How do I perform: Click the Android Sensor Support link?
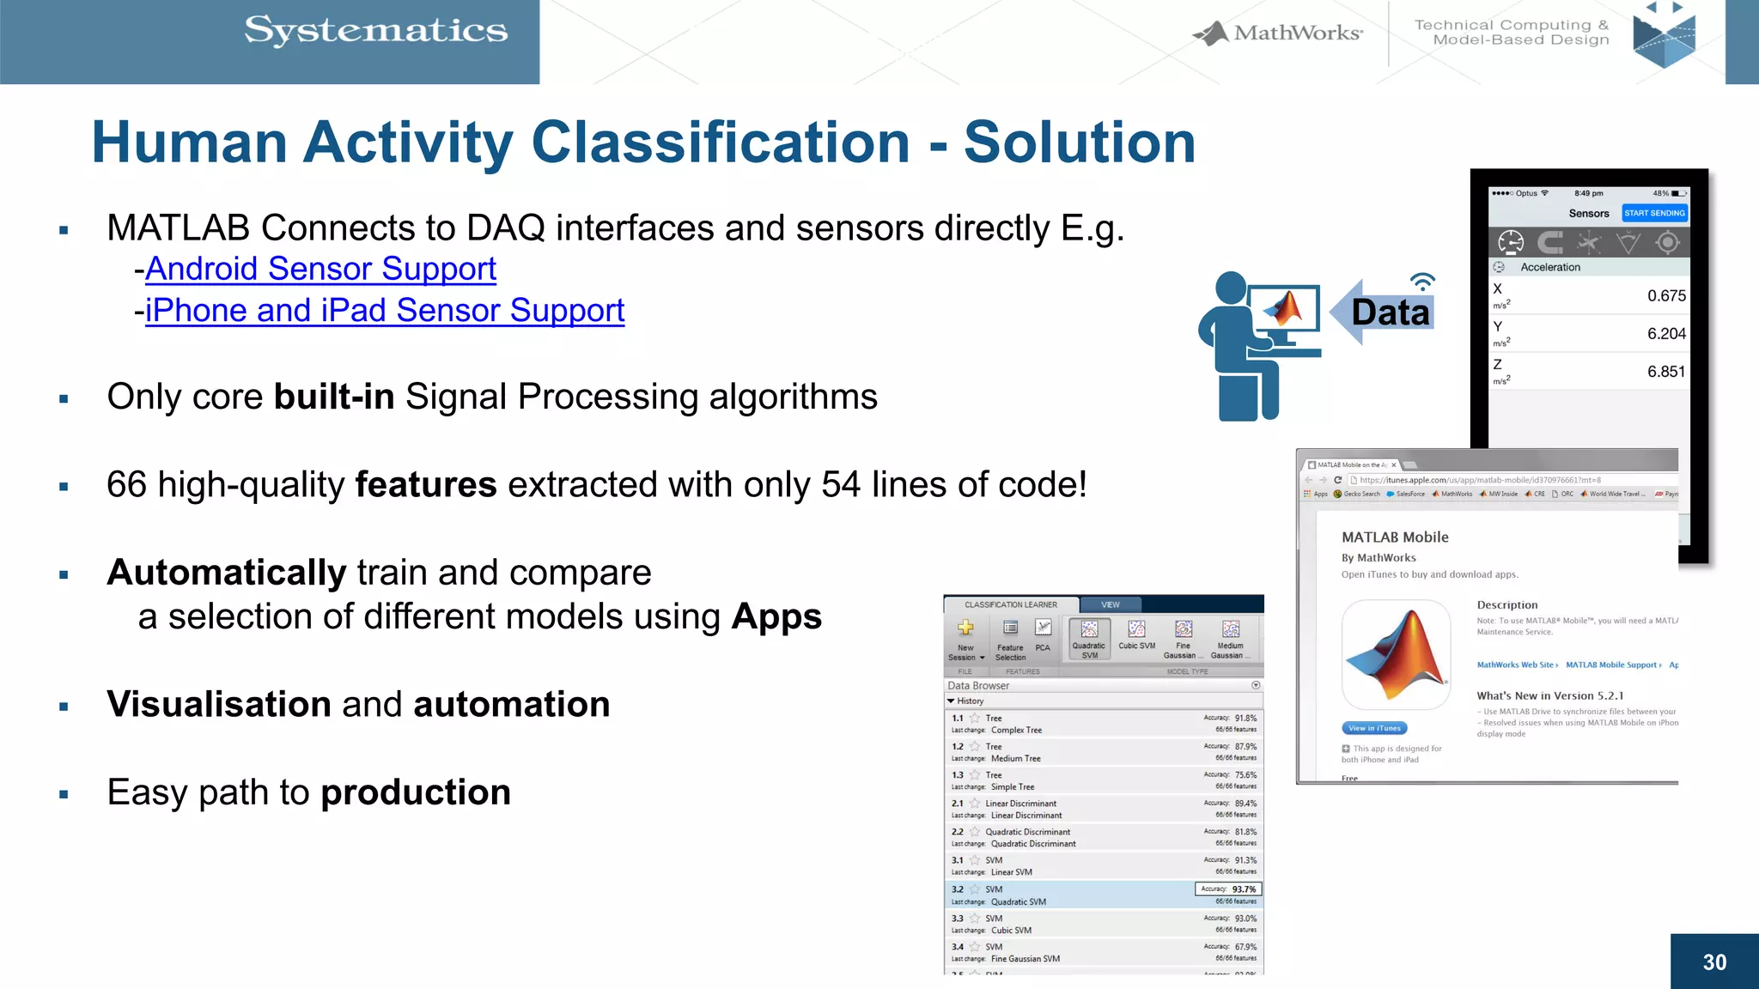click(x=320, y=270)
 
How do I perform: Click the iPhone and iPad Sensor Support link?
click(x=385, y=311)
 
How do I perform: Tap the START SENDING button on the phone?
click(x=1653, y=213)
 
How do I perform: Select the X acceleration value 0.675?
click(x=1665, y=296)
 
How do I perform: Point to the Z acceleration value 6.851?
click(x=1665, y=372)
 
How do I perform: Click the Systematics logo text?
click(x=376, y=31)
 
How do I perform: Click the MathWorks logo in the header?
click(x=1278, y=33)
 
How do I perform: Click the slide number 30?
click(x=1714, y=962)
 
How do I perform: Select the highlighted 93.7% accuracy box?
click(x=1228, y=889)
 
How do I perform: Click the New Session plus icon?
click(x=965, y=628)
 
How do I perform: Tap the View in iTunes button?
click(x=1374, y=728)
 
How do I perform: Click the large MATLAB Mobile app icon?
click(x=1396, y=654)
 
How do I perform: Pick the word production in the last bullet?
click(x=416, y=792)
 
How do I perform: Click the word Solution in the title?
click(x=1080, y=143)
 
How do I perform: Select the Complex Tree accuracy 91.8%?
click(x=1245, y=719)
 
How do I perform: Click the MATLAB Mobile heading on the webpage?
click(x=1395, y=537)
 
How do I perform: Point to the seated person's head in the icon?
click(x=1231, y=288)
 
